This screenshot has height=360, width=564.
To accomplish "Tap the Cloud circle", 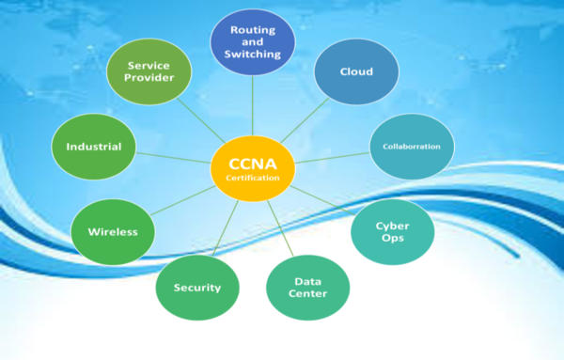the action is pyautogui.click(x=355, y=71).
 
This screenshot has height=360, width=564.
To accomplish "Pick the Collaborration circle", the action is pyautogui.click(x=412, y=147).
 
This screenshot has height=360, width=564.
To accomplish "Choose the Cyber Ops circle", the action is pyautogui.click(x=393, y=229).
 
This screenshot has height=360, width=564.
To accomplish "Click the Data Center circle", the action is pyautogui.click(x=309, y=287).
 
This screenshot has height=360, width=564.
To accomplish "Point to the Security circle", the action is pyautogui.click(x=196, y=287).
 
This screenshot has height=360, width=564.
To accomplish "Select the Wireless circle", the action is pyautogui.click(x=113, y=231).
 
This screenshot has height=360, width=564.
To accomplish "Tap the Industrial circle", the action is pyautogui.click(x=94, y=148).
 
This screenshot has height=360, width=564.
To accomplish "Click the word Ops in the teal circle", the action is pyautogui.click(x=393, y=238).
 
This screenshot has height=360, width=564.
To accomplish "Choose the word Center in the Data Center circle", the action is pyautogui.click(x=309, y=294).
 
